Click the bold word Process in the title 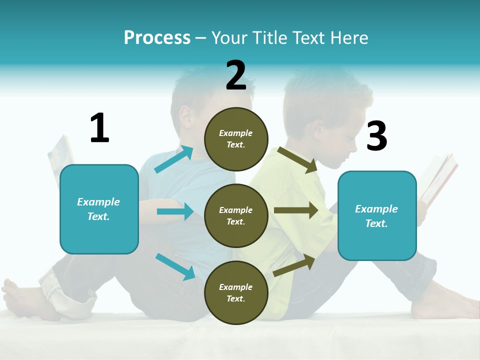[157, 38]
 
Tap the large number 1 [99, 128]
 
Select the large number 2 [236, 75]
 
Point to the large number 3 [376, 136]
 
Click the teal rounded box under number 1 [99, 209]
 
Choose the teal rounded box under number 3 [377, 216]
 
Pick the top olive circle [236, 139]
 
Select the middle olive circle [236, 215]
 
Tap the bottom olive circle [236, 292]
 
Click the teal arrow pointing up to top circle [173, 159]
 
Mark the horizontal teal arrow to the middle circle [175, 211]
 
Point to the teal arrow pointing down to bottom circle [175, 266]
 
